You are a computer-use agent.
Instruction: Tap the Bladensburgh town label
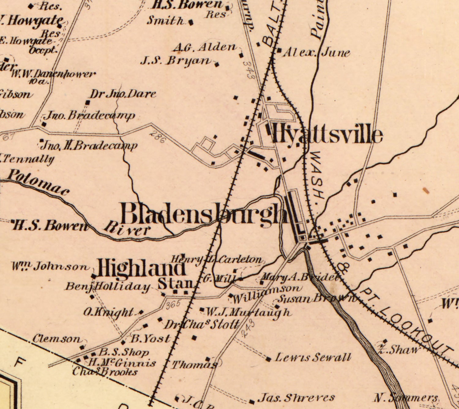(204, 214)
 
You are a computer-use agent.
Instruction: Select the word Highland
(141, 268)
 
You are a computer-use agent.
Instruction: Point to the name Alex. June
(316, 53)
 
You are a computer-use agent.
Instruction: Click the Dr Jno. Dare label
(123, 94)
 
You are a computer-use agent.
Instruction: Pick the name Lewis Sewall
(312, 357)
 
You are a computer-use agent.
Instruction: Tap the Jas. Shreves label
(296, 398)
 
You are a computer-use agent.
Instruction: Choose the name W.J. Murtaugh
(247, 312)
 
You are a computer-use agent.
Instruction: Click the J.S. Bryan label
(176, 61)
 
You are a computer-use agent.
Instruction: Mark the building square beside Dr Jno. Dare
(88, 102)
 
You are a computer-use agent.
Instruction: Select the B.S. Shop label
(124, 352)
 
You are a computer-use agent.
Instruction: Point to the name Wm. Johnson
(50, 266)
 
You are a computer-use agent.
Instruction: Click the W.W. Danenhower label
(54, 74)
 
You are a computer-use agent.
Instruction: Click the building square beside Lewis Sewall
(268, 359)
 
